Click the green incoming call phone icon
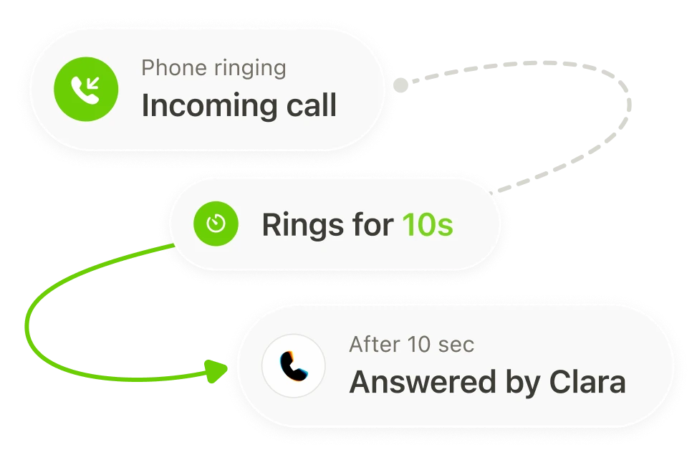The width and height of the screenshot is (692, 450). (x=86, y=89)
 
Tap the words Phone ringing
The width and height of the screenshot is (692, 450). (x=213, y=69)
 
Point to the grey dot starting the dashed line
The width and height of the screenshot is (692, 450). (x=400, y=85)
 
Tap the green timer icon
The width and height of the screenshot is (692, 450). (x=216, y=224)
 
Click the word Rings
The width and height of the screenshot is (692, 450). (x=303, y=225)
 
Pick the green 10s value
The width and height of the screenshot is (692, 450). (x=428, y=225)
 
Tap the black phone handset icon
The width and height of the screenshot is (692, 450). (x=294, y=365)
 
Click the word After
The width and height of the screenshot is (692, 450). (x=375, y=345)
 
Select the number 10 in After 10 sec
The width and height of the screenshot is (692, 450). (x=419, y=345)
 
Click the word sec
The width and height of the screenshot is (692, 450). (x=456, y=345)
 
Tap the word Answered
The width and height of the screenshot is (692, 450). (x=423, y=382)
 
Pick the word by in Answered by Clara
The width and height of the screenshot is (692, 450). (x=522, y=383)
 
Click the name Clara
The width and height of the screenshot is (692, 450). (x=587, y=381)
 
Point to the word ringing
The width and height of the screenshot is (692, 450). (x=250, y=69)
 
